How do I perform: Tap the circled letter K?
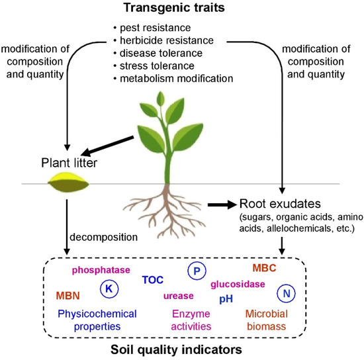(x=109, y=288)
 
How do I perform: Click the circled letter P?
(x=196, y=270)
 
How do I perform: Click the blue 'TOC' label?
(x=153, y=280)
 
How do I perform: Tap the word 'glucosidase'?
(x=238, y=285)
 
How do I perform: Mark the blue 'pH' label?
(x=226, y=299)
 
